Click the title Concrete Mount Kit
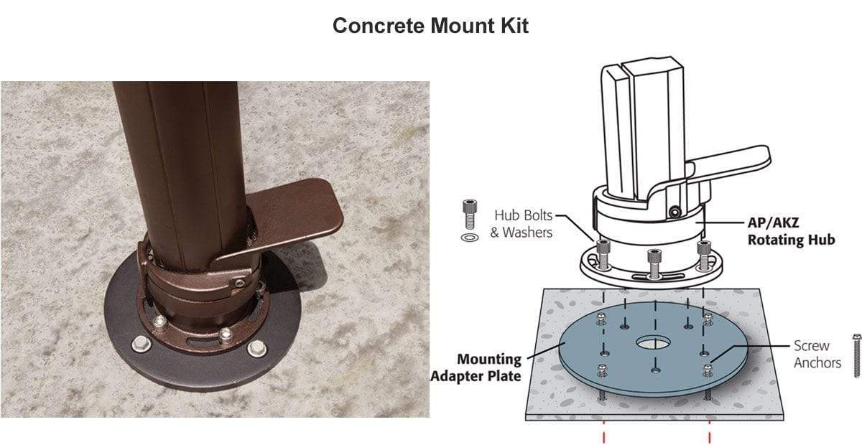point(430,26)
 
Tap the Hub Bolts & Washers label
point(522,224)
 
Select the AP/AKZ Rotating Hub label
point(791,231)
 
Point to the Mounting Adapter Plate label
point(476,367)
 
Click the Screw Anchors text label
point(817,355)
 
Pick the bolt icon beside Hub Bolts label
point(470,214)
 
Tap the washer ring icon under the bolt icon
point(470,238)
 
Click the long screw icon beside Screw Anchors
point(856,356)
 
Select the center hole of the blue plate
point(653,342)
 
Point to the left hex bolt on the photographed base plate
point(142,344)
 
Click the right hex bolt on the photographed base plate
point(256,348)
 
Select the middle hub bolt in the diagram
point(654,263)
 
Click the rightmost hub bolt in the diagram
point(704,255)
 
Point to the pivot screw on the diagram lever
point(674,212)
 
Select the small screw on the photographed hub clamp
point(240,284)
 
